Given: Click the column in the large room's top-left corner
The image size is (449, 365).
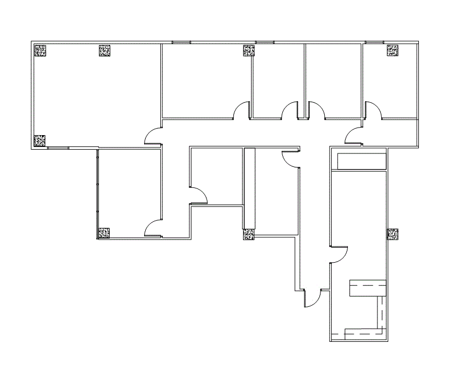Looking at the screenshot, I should pos(40,51).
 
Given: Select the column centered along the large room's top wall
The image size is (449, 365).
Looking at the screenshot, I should pos(104,51).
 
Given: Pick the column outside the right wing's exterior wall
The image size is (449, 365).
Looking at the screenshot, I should pos(393,234).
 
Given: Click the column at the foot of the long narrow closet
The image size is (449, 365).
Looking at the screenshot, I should pos(248,235).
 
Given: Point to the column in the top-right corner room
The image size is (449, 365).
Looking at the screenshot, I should pos(393,51).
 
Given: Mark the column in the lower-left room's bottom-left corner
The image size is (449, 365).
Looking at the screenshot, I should pos(104,233).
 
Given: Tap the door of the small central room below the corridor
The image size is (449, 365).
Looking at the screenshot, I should pos(198,195).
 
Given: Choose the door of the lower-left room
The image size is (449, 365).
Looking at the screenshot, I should pos(154,228).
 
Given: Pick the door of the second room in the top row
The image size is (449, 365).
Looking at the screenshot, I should pos(241,110).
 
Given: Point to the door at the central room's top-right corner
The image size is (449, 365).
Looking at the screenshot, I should pos(291,159).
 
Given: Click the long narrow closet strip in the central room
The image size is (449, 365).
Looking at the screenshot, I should pos(248,188).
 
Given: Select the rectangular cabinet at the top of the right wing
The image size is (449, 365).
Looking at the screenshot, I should pos(361,161).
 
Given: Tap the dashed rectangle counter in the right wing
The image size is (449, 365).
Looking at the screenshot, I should pos(368,288).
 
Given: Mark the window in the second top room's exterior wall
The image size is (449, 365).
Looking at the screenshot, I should pos(181,42).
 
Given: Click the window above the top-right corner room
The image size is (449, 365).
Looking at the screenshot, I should pos(374,42).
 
